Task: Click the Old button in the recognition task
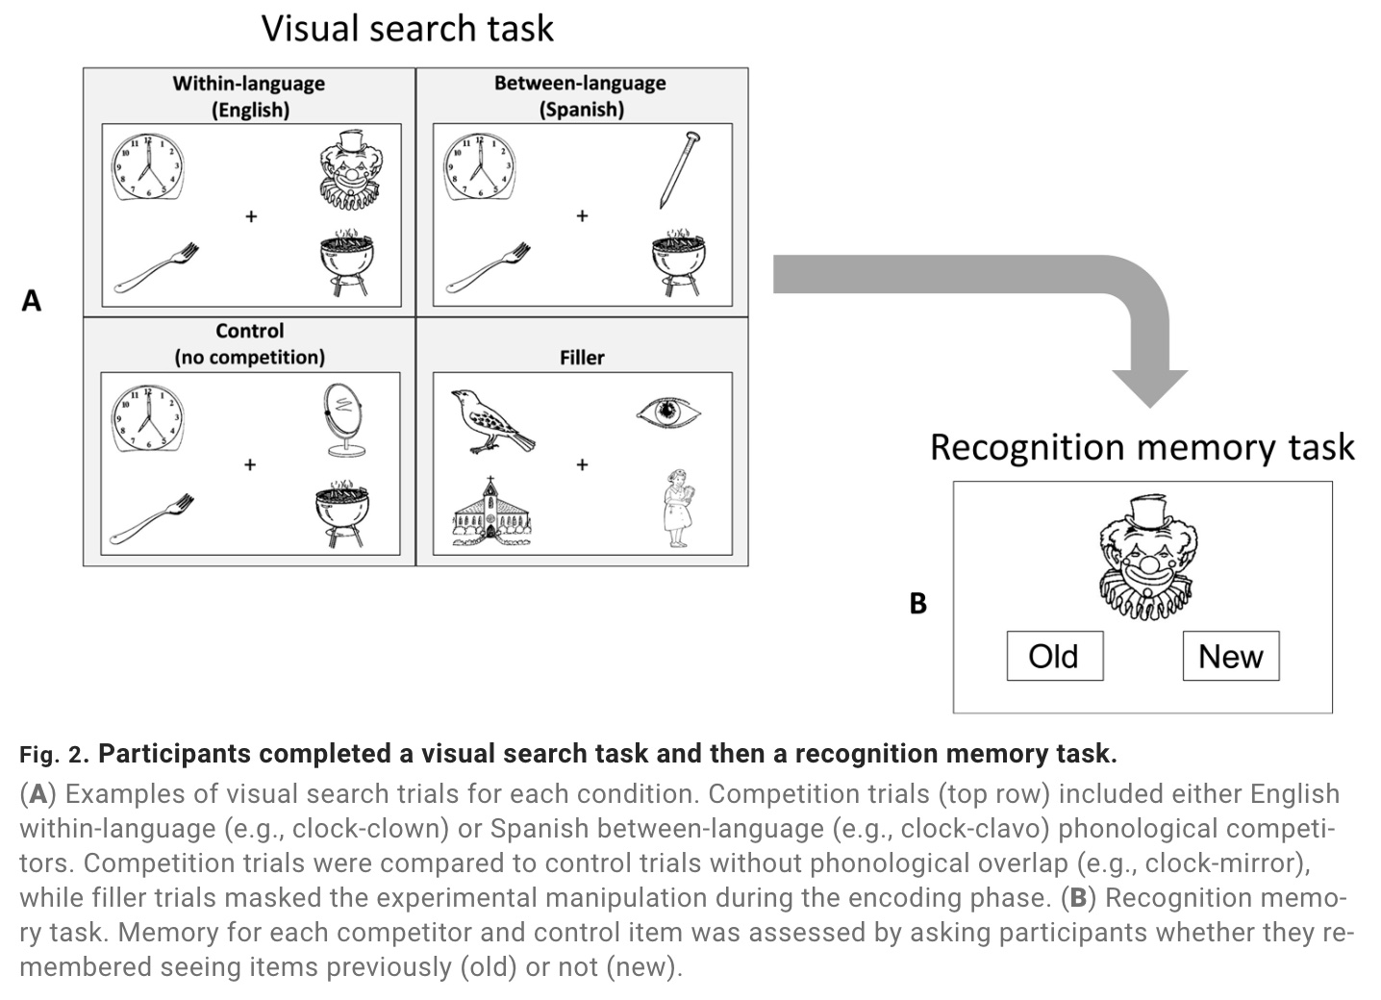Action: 1054,656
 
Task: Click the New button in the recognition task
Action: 1230,656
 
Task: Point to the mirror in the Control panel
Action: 344,420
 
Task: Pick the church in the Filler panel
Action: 491,509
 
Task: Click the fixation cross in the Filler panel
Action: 582,464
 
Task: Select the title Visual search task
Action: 408,28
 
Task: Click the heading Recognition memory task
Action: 1142,447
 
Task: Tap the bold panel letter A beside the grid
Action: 32,301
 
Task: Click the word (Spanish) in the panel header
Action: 581,109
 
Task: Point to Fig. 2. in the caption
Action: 54,755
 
